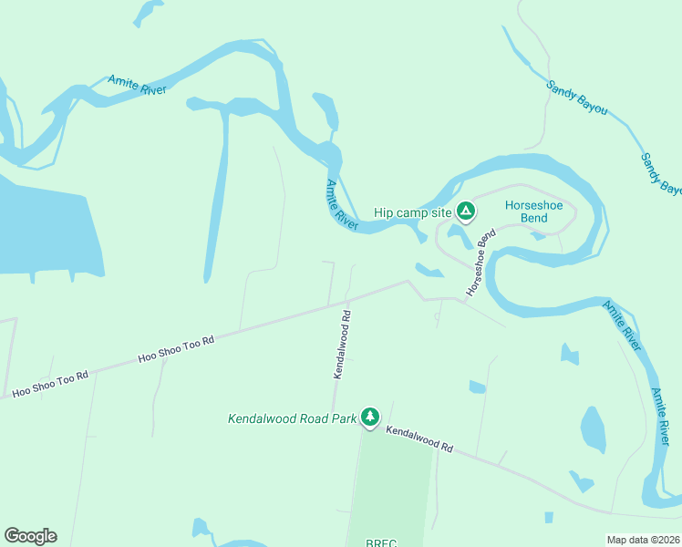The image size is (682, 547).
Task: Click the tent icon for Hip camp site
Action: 465,212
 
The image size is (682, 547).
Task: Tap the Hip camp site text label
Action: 413,213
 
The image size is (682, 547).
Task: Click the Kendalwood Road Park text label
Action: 291,419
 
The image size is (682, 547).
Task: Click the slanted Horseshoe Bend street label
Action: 479,263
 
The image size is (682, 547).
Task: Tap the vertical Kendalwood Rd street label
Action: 341,345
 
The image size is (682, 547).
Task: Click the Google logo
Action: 30,536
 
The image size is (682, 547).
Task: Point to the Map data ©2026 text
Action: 642,540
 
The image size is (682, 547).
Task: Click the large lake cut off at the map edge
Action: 46,228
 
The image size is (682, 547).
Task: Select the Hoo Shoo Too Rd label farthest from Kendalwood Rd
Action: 50,383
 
